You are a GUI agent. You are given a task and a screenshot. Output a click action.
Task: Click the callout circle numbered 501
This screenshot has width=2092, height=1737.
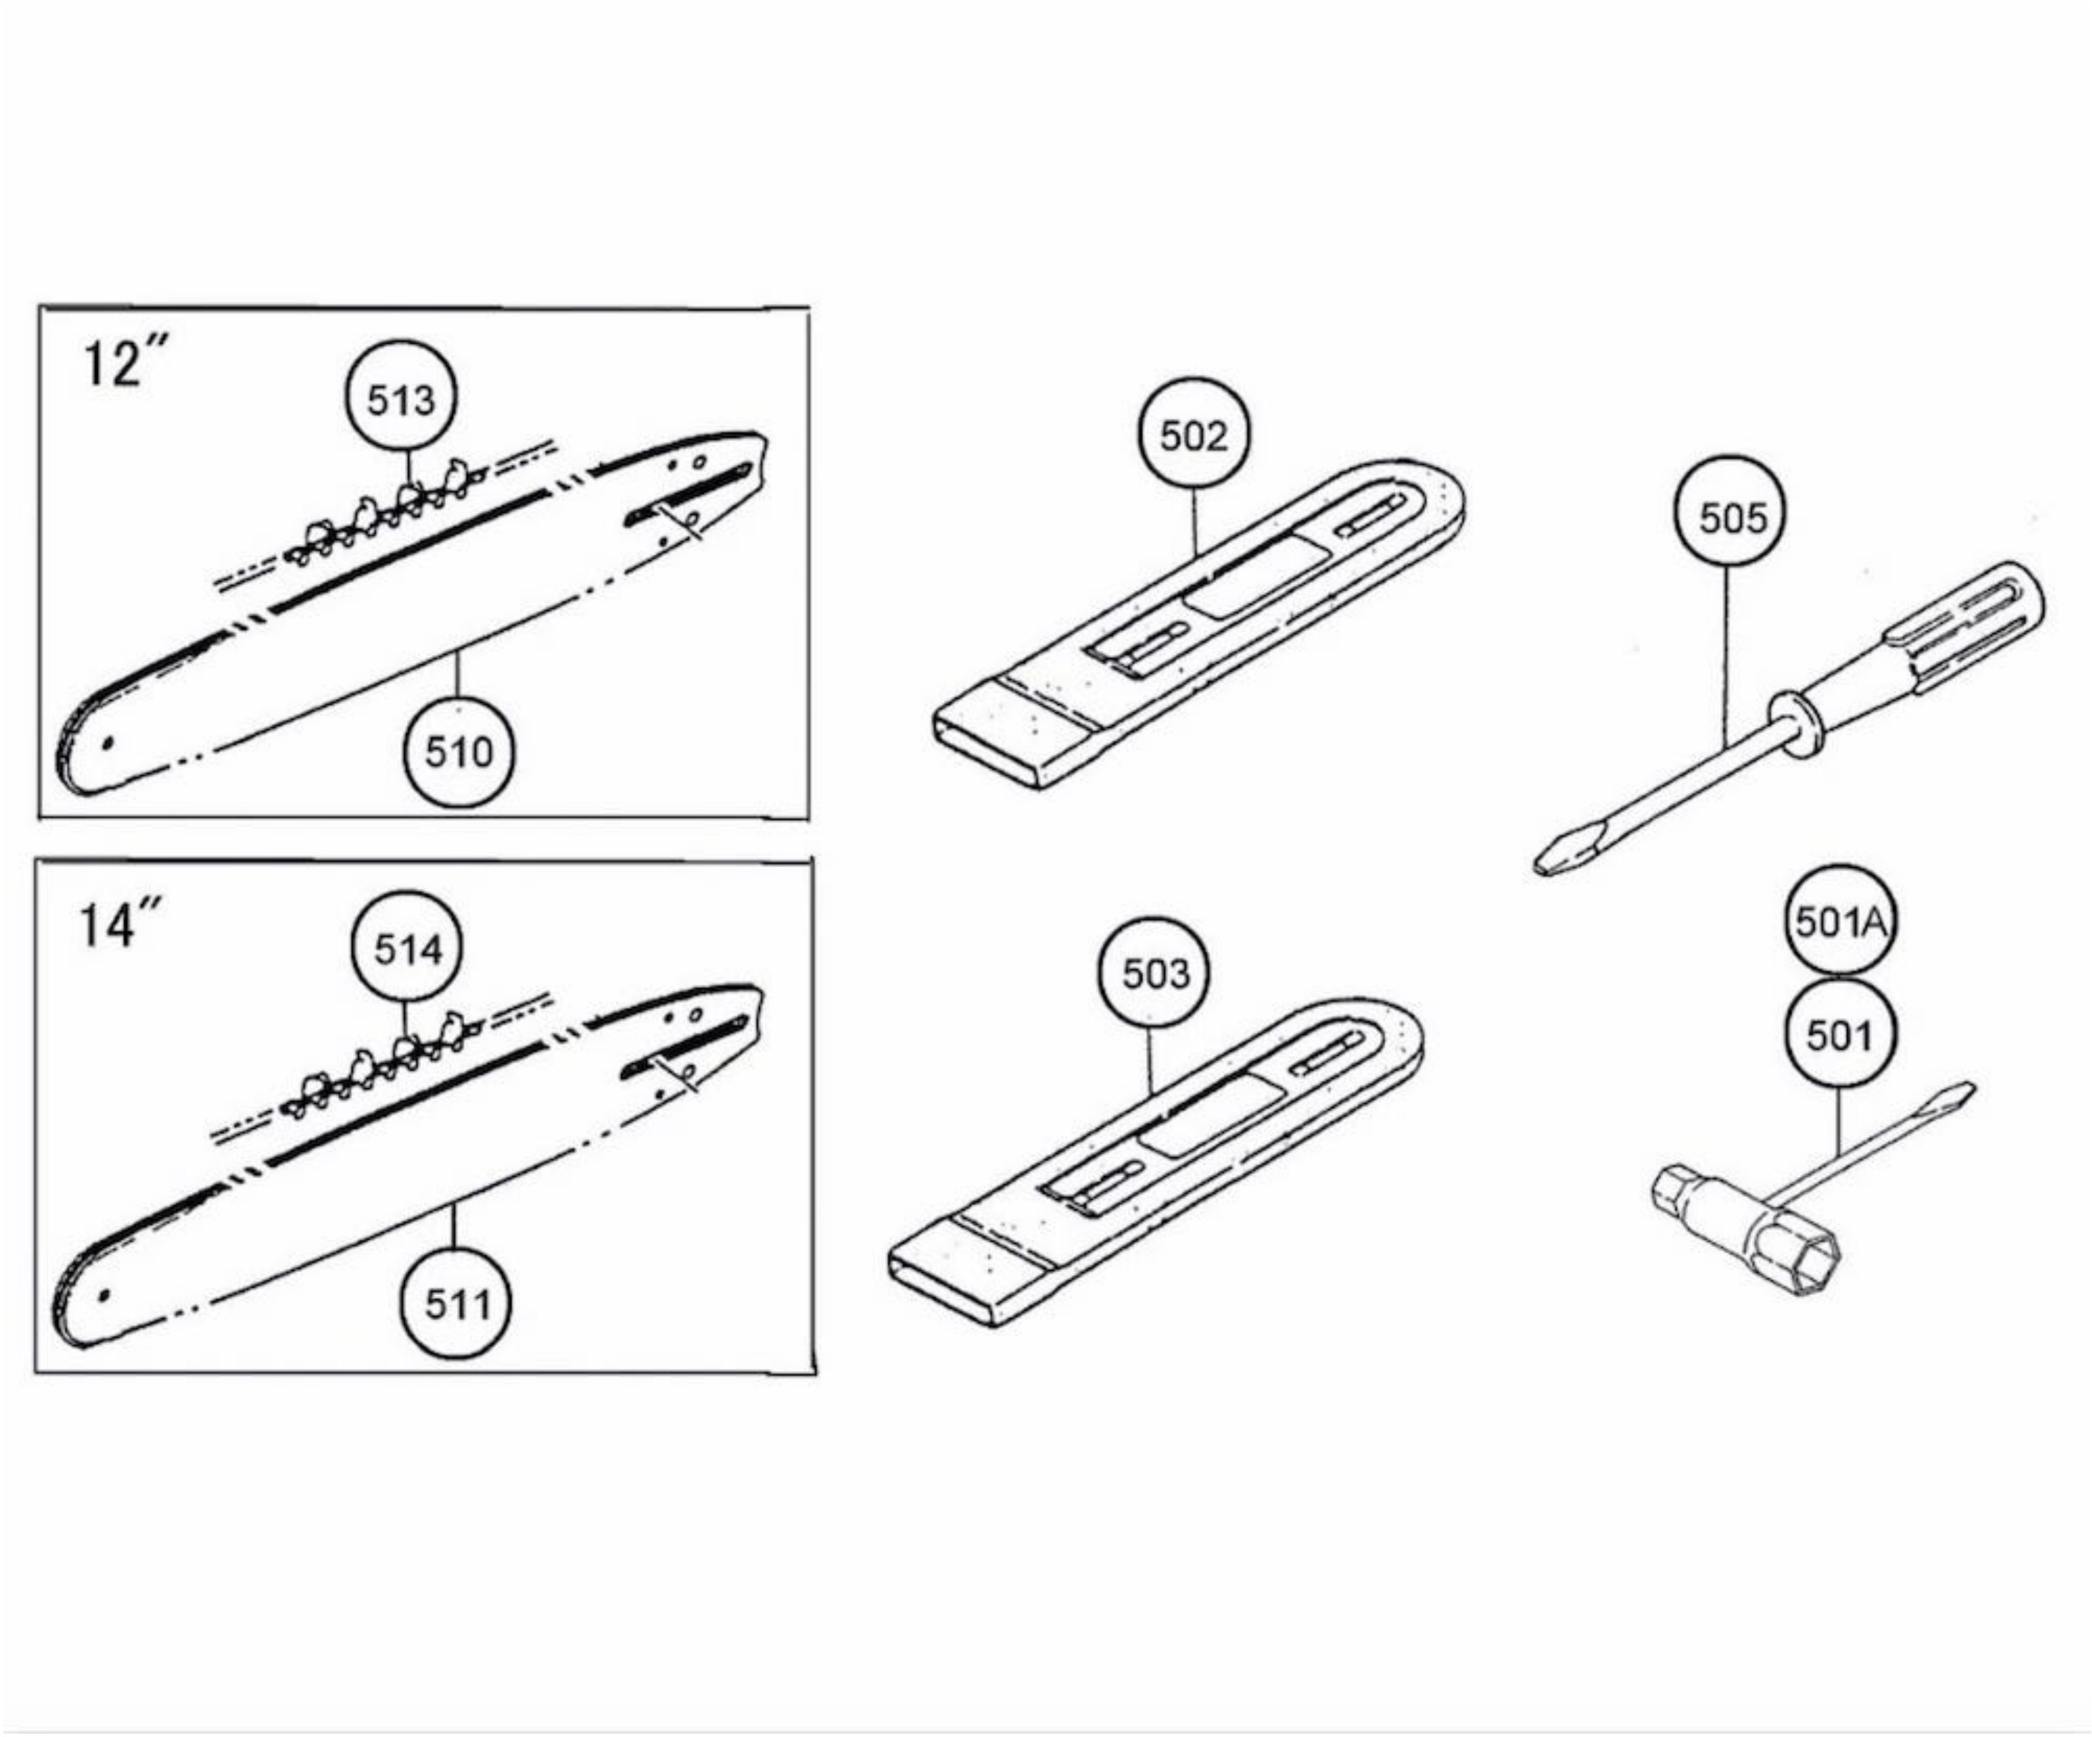click(1839, 1036)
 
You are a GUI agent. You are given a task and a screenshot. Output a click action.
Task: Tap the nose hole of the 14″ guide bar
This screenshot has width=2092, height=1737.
click(104, 1296)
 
